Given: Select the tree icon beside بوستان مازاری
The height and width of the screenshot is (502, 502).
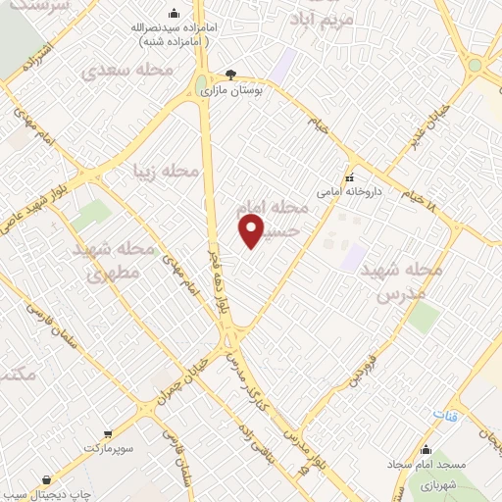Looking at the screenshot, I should pyautogui.click(x=230, y=74).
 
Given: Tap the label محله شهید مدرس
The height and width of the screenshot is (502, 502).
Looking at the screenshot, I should pyautogui.click(x=400, y=280).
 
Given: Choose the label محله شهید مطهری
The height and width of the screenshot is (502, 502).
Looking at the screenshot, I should pyautogui.click(x=114, y=261).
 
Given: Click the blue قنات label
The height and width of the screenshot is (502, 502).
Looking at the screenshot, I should pyautogui.click(x=446, y=417).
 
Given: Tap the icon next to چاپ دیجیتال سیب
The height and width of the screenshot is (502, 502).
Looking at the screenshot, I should pyautogui.click(x=47, y=480).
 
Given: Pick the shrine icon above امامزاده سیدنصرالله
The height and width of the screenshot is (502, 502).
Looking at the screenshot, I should pyautogui.click(x=174, y=13).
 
